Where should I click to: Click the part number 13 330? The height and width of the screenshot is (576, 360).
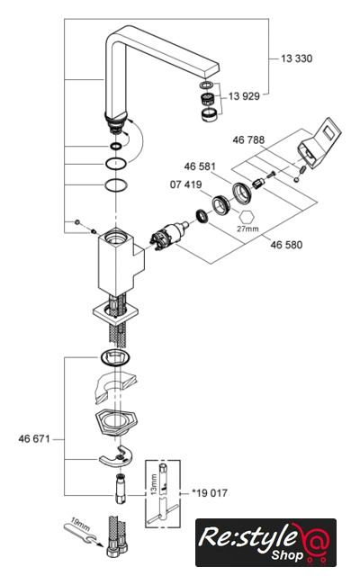296,58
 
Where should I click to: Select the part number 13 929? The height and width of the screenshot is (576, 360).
244,96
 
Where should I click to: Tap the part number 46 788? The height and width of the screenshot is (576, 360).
248,140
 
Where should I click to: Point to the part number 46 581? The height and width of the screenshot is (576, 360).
200,166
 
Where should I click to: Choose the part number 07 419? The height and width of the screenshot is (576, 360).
186,184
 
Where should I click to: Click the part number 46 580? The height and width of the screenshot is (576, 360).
286,245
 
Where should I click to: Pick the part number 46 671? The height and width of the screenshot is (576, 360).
34,439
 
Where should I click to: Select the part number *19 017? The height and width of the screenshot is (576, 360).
210,493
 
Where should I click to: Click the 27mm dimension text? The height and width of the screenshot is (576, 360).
247,229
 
